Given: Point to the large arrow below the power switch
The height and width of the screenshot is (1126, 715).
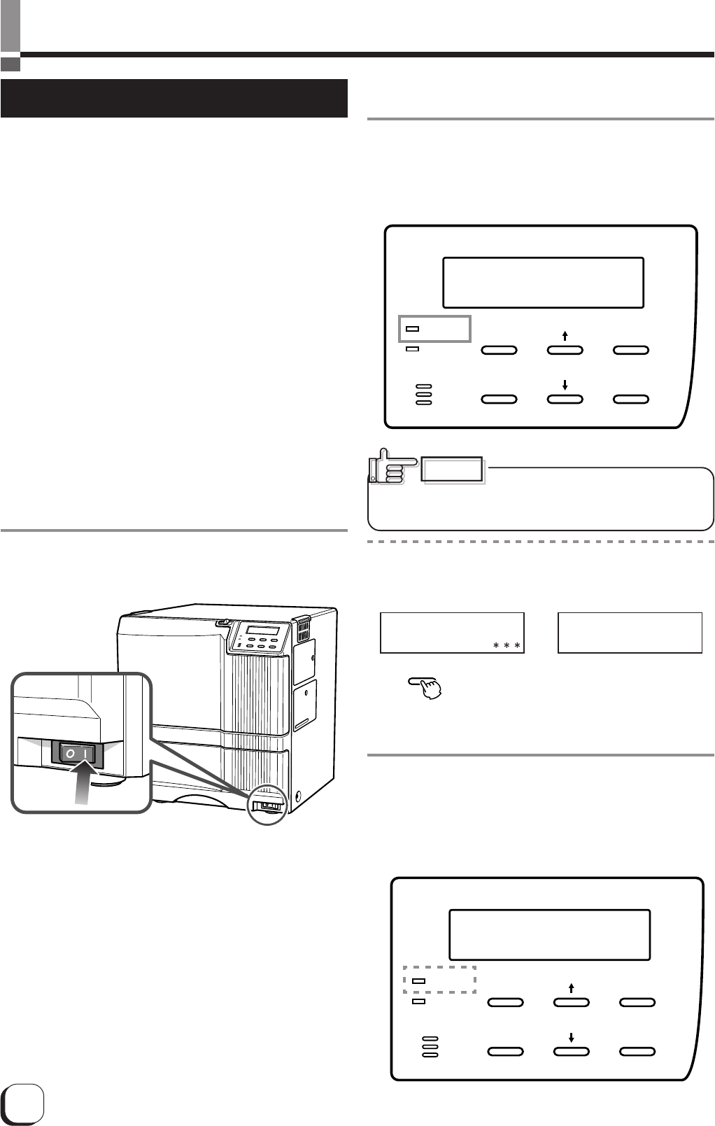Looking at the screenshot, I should pyautogui.click(x=83, y=784).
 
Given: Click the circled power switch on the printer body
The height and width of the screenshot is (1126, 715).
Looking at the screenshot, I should pyautogui.click(x=269, y=805).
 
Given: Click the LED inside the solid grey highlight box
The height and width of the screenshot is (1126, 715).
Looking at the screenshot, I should pyautogui.click(x=413, y=328).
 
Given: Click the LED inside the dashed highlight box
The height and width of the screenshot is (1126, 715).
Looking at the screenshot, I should pyautogui.click(x=418, y=981).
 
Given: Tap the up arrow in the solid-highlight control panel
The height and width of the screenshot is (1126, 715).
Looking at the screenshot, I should pyautogui.click(x=565, y=336).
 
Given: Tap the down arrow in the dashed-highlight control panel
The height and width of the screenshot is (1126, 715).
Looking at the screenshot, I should pyautogui.click(x=572, y=1038).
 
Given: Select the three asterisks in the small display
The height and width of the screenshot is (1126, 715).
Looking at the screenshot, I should pyautogui.click(x=507, y=645).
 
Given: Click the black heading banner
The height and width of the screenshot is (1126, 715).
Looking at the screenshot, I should pyautogui.click(x=174, y=99).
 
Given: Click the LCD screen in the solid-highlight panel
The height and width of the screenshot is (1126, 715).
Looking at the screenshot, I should pyautogui.click(x=543, y=283).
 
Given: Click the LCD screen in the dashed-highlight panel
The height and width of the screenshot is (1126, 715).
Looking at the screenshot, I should pyautogui.click(x=549, y=935).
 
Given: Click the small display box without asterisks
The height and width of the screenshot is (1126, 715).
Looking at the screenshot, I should pyautogui.click(x=630, y=633).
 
